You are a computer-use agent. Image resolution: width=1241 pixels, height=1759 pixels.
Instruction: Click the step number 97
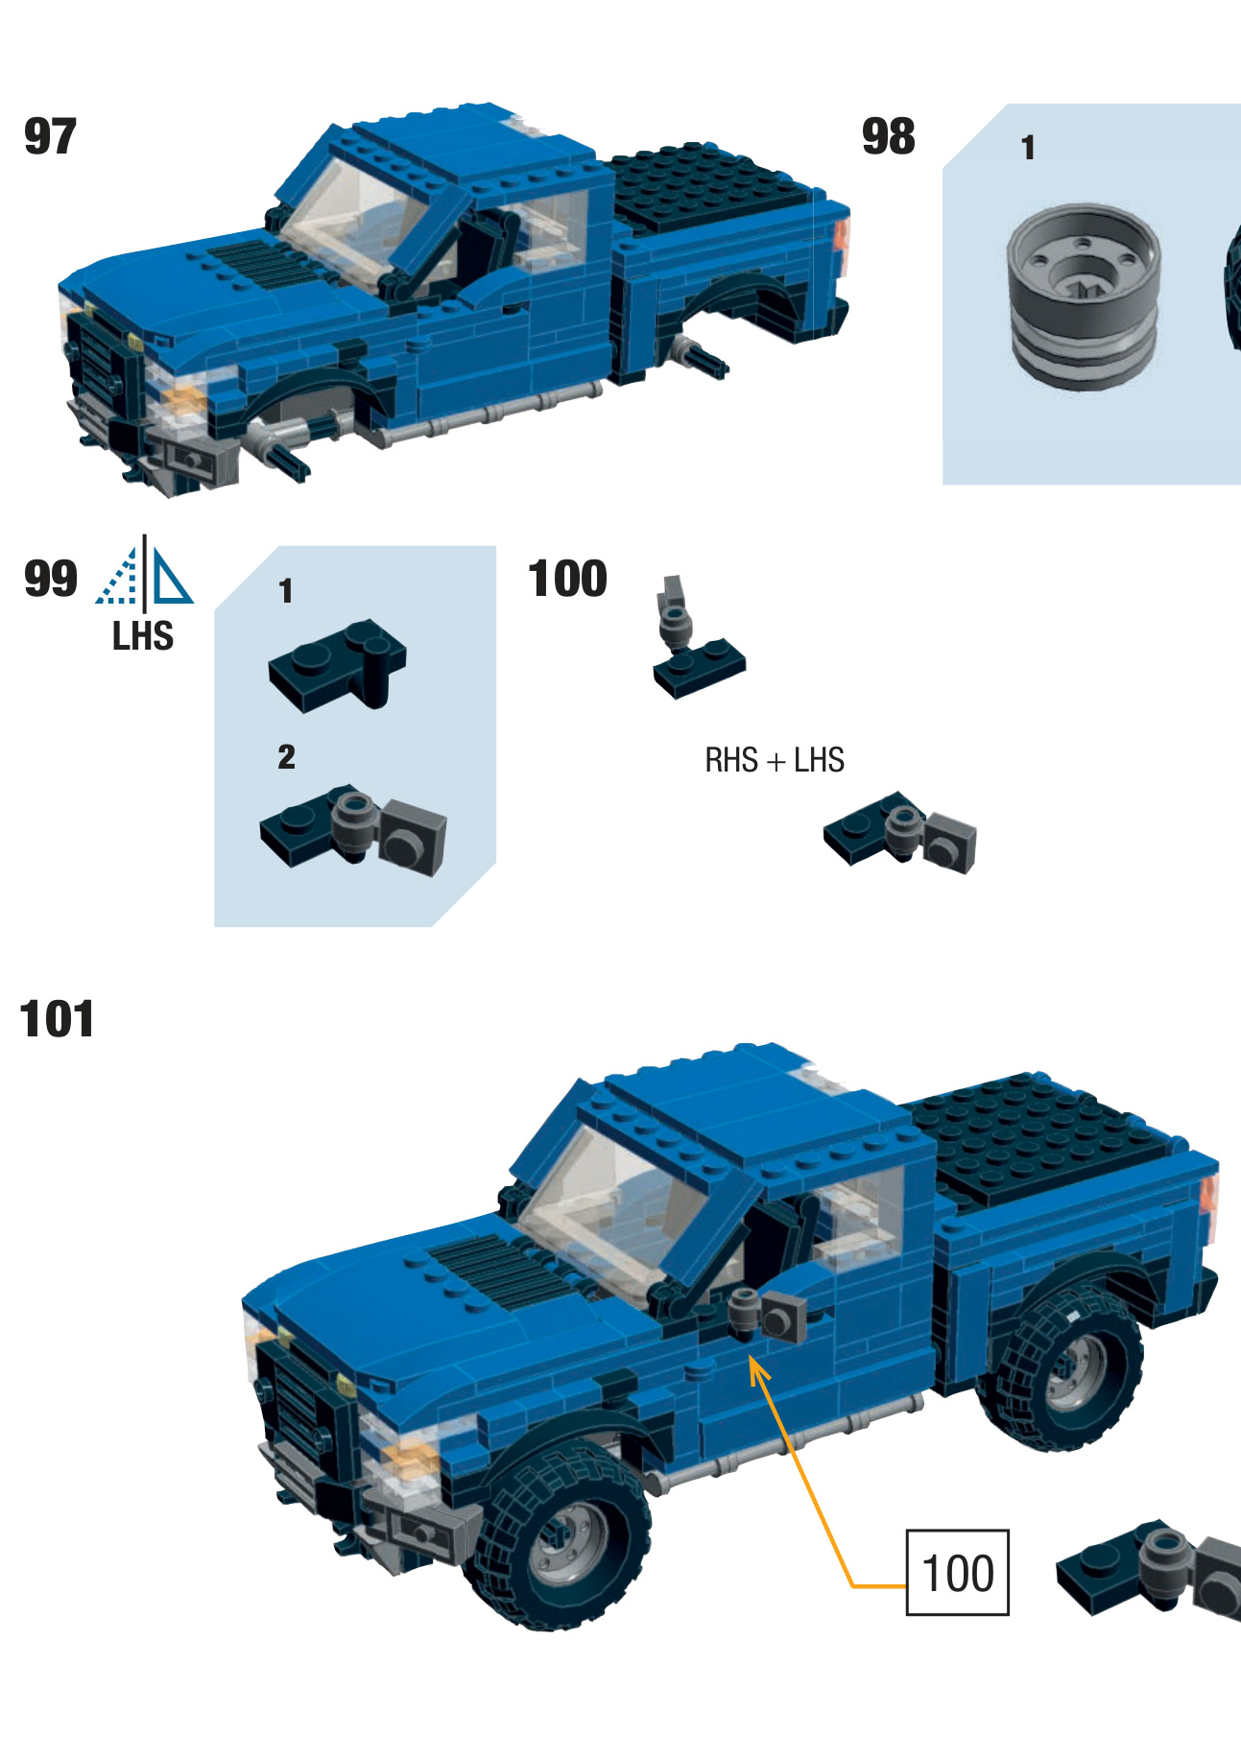click(50, 136)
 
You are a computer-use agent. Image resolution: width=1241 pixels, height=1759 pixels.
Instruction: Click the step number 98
click(888, 136)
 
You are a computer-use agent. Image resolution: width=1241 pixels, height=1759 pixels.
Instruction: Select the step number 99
click(50, 579)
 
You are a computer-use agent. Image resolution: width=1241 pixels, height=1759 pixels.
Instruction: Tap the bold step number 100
click(567, 579)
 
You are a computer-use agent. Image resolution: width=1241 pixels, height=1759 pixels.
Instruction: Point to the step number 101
click(57, 1019)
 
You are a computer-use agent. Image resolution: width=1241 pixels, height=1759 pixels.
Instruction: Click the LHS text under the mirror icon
click(142, 636)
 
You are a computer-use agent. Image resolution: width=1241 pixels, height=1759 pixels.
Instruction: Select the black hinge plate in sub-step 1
click(338, 665)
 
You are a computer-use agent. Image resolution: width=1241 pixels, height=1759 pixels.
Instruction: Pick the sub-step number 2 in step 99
click(286, 757)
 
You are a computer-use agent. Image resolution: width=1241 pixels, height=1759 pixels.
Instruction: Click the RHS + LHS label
click(774, 760)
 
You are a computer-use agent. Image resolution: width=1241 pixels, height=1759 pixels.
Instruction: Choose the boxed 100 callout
click(957, 1573)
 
